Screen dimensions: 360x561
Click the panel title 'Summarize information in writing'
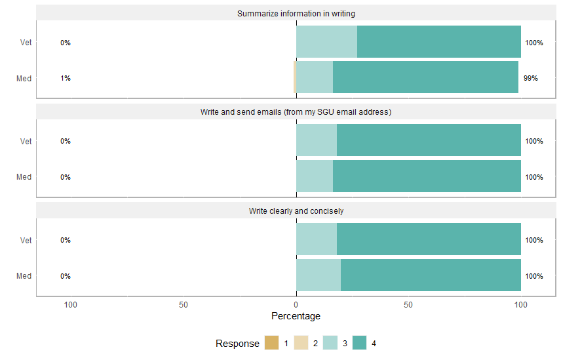296,13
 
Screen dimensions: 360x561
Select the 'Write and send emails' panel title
296,112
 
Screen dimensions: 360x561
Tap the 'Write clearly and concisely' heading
296,211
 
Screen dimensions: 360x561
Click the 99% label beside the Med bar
530,78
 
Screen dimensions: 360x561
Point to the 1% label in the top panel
66,78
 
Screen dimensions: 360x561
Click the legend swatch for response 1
271,343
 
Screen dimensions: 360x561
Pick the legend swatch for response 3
330,343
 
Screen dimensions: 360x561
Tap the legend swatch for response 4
360,343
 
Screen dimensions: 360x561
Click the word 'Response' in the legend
237,344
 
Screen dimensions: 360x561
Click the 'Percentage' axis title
296,316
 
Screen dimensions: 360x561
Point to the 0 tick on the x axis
296,305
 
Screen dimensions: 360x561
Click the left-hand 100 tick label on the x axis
70,305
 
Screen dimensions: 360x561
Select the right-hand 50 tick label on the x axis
408,305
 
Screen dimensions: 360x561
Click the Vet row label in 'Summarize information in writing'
26,43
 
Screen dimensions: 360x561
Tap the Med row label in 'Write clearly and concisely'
24,276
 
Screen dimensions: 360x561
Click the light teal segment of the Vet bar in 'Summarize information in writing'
326,42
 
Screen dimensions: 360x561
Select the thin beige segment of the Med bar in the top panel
295,77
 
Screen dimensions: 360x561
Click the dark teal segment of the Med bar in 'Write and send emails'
427,176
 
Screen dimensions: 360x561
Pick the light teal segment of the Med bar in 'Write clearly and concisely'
319,275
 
